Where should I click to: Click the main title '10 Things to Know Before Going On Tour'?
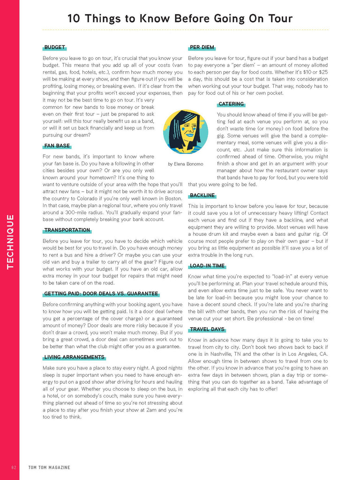pyautogui.click(x=180, y=19)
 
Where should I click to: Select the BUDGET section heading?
pyautogui.click(x=54, y=48)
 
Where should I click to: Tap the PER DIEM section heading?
pyautogui.click(x=202, y=48)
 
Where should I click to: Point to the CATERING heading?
pyautogui.click(x=231, y=104)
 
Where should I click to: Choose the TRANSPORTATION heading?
pyautogui.click(x=67, y=230)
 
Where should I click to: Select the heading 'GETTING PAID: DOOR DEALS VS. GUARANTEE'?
pyautogui.click(x=101, y=294)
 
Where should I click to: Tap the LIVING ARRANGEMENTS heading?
pyautogui.click(x=74, y=357)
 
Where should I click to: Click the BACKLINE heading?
pyautogui.click(x=202, y=195)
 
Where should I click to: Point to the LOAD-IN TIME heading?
pyautogui.click(x=207, y=266)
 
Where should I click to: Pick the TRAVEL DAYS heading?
pyautogui.click(x=207, y=330)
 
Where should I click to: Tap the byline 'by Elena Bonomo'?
pyautogui.click(x=186, y=164)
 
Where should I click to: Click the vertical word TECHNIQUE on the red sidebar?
pyautogui.click(x=10, y=241)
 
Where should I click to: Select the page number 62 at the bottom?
pyautogui.click(x=14, y=467)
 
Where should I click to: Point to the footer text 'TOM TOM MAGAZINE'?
pyautogui.click(x=49, y=467)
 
